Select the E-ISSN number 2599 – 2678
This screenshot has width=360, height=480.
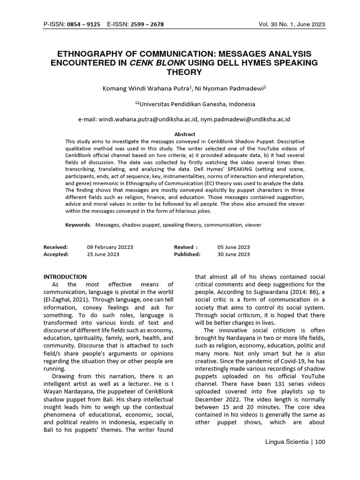[147, 24]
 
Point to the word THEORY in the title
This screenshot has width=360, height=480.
[184, 72]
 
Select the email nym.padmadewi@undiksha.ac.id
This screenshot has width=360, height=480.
[246, 120]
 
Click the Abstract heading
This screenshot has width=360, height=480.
[184, 134]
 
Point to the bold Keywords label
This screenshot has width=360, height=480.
[77, 225]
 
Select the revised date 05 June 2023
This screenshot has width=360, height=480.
[233, 247]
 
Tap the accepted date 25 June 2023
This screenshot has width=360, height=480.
[103, 255]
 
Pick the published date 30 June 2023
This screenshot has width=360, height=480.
[233, 255]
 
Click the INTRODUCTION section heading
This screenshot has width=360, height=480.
[65, 277]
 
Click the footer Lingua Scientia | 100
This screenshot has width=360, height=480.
[295, 442]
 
